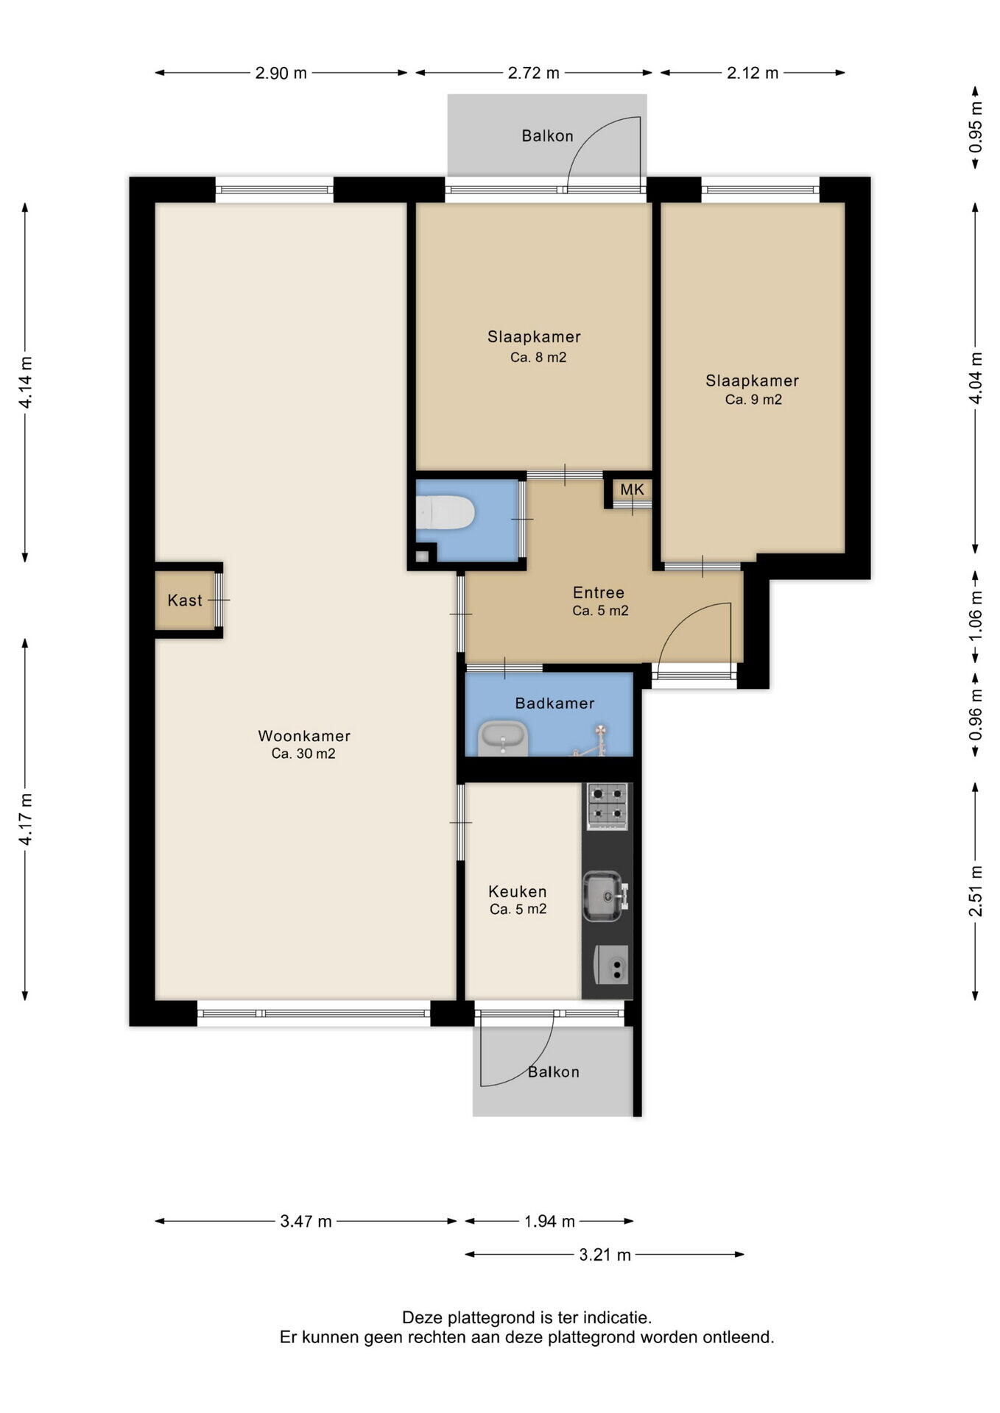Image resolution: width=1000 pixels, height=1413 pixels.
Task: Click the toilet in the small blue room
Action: pos(445,512)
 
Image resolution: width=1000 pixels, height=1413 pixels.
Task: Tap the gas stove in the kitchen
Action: pos(607,806)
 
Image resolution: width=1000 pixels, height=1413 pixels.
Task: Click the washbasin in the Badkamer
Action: pos(503,738)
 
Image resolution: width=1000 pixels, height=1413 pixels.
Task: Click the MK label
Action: pos(632,489)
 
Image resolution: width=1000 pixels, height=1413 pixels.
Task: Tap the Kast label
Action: pos(184,601)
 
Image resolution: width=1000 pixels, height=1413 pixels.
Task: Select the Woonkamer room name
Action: pos(304,736)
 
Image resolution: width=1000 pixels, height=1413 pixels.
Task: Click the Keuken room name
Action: pos(518,892)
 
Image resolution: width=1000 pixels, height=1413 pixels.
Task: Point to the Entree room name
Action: pos(599,592)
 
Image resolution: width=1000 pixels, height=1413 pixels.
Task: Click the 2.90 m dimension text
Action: pos(281,73)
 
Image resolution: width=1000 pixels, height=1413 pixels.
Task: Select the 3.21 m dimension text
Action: pos(605,1255)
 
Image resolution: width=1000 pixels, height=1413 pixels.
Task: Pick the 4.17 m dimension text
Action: pos(26,819)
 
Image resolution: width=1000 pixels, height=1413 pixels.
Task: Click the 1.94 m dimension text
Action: pos(549,1222)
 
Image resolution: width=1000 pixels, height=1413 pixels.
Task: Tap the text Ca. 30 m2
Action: pos(303,754)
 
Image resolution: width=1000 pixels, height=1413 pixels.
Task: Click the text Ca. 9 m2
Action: pos(753,400)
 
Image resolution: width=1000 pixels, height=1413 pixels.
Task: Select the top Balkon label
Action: pos(547,136)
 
